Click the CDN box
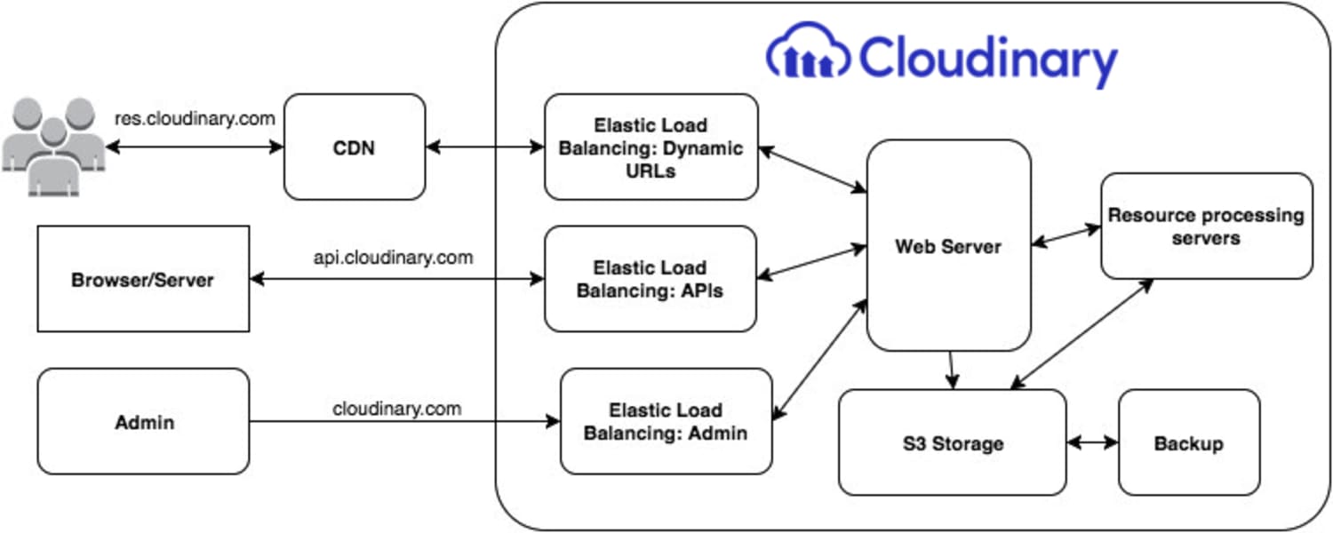355,147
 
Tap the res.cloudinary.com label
195,118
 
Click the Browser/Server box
143,279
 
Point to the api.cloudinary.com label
393,258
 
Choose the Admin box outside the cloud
143,421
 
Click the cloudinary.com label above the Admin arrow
397,409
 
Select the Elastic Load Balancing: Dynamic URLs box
651,147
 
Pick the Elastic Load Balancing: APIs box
650,279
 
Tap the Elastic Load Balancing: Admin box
666,421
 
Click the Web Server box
948,245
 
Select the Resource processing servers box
1206,226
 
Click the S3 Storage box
952,442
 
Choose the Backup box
1188,442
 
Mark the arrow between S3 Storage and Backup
1091,442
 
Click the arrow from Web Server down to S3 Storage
951,370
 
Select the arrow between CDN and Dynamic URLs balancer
485,147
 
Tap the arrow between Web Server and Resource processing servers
1066,235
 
